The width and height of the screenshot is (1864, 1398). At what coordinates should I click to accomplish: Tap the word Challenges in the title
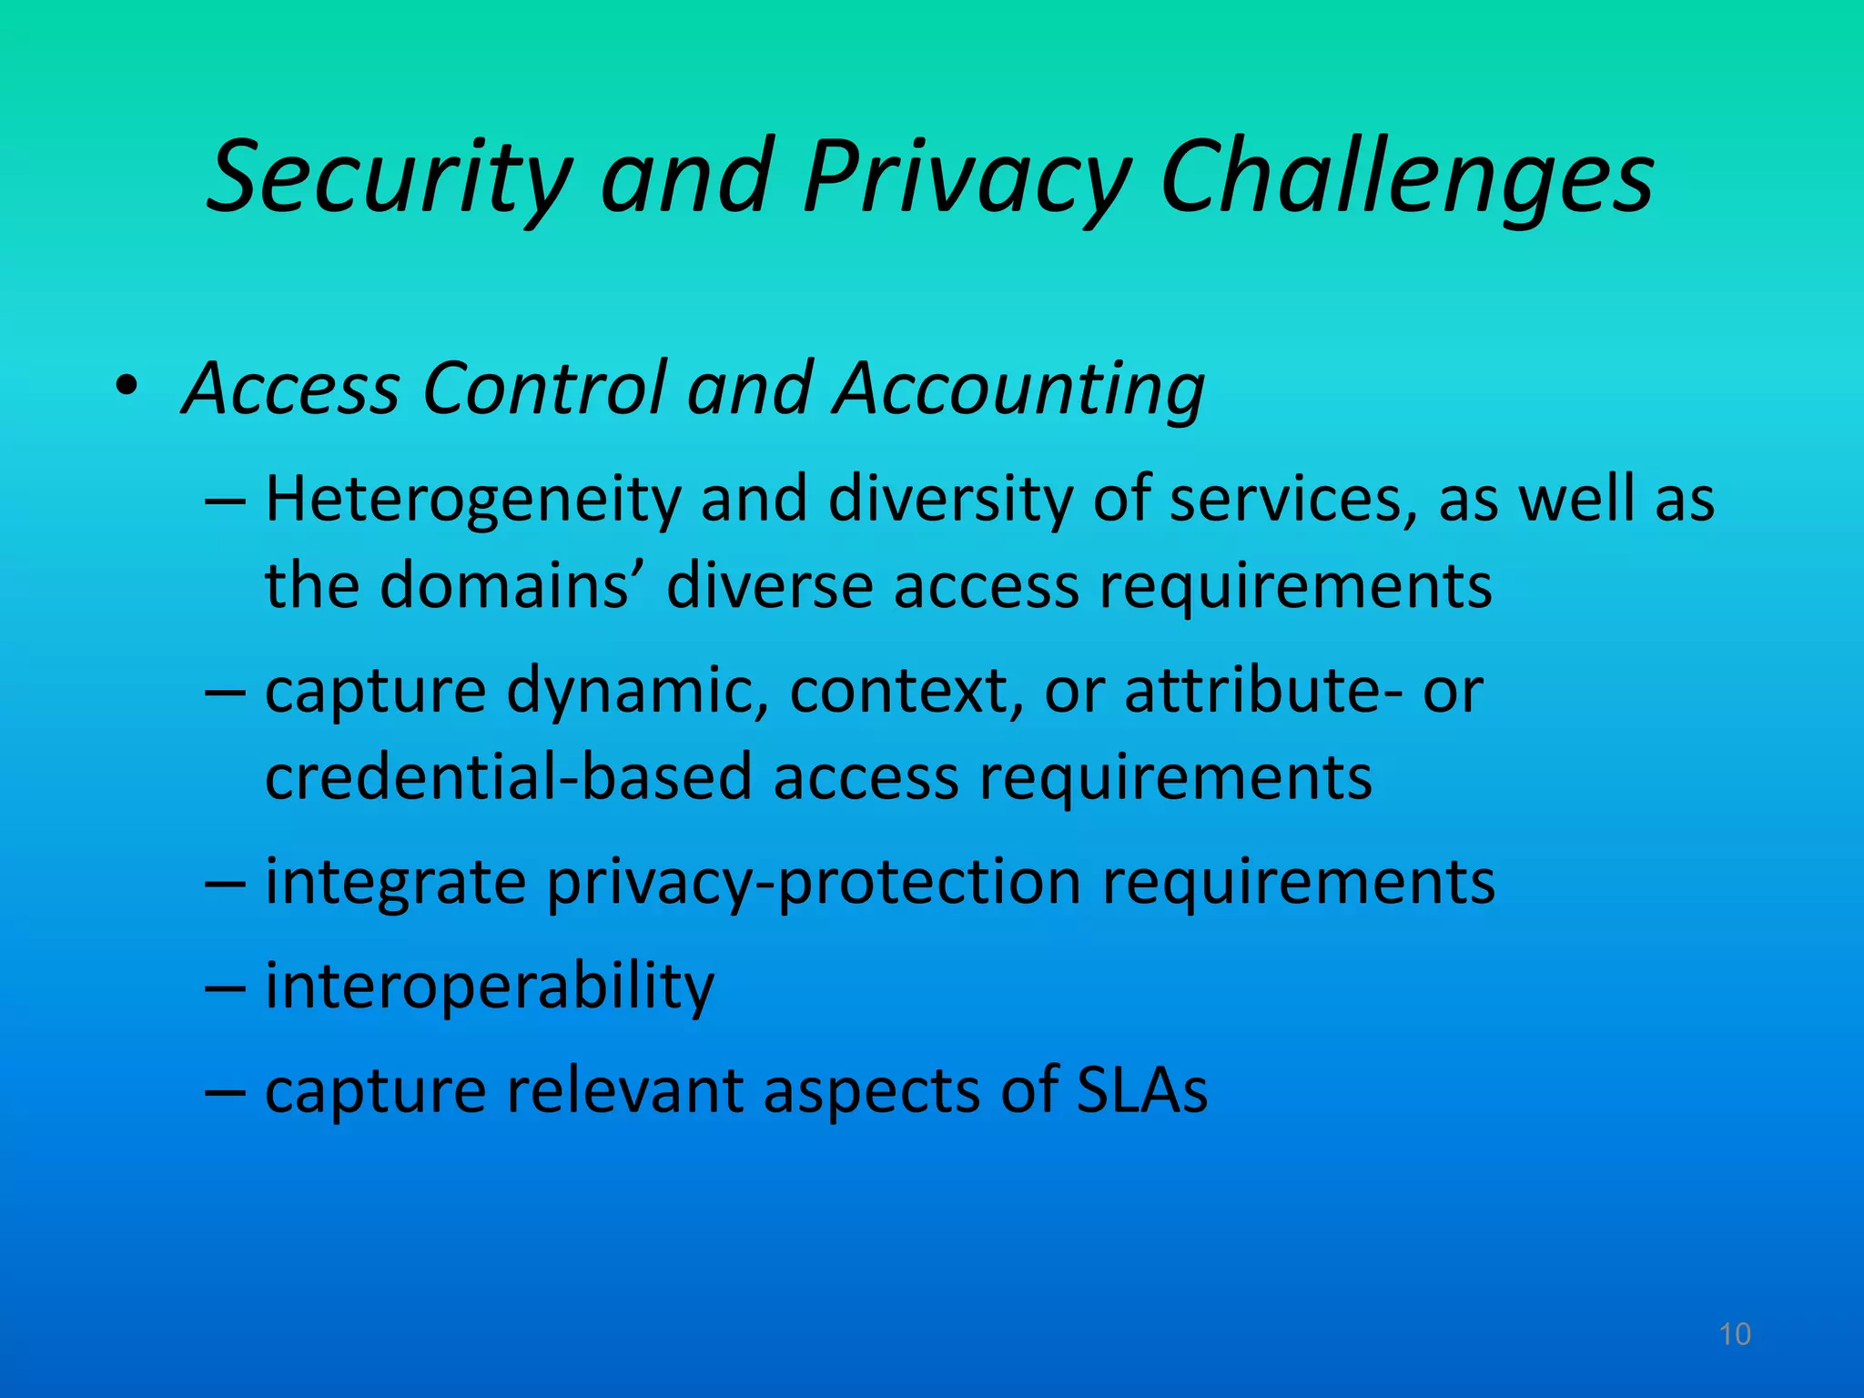click(x=1407, y=177)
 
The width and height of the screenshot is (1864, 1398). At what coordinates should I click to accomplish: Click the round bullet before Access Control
click(x=127, y=387)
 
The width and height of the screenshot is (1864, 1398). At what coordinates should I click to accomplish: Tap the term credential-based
click(x=508, y=777)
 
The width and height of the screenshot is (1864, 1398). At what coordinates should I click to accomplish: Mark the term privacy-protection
click(x=813, y=883)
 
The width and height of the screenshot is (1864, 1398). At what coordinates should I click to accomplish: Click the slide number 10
click(x=1735, y=1334)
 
